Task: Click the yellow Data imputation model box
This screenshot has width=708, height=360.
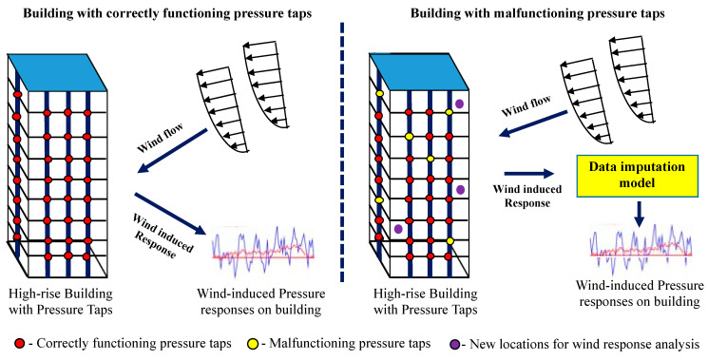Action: click(638, 176)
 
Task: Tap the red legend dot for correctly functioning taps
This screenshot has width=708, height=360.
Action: click(19, 344)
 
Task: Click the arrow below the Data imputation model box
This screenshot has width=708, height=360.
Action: click(639, 215)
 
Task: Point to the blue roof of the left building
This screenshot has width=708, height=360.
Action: click(58, 72)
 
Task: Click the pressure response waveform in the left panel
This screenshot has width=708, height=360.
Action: click(263, 251)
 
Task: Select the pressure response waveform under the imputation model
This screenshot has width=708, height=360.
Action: click(641, 249)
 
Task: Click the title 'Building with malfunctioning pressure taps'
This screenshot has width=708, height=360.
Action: click(537, 14)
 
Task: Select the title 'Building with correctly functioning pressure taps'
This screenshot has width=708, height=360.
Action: click(167, 14)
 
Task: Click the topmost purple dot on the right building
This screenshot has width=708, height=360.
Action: click(459, 104)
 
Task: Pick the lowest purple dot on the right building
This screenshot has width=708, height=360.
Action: click(398, 229)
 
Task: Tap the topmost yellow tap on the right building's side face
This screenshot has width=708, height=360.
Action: click(379, 93)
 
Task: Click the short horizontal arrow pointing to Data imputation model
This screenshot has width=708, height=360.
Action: click(528, 173)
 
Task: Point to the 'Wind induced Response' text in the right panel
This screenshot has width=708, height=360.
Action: click(526, 196)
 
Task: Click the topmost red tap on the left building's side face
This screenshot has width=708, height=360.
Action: click(17, 95)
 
